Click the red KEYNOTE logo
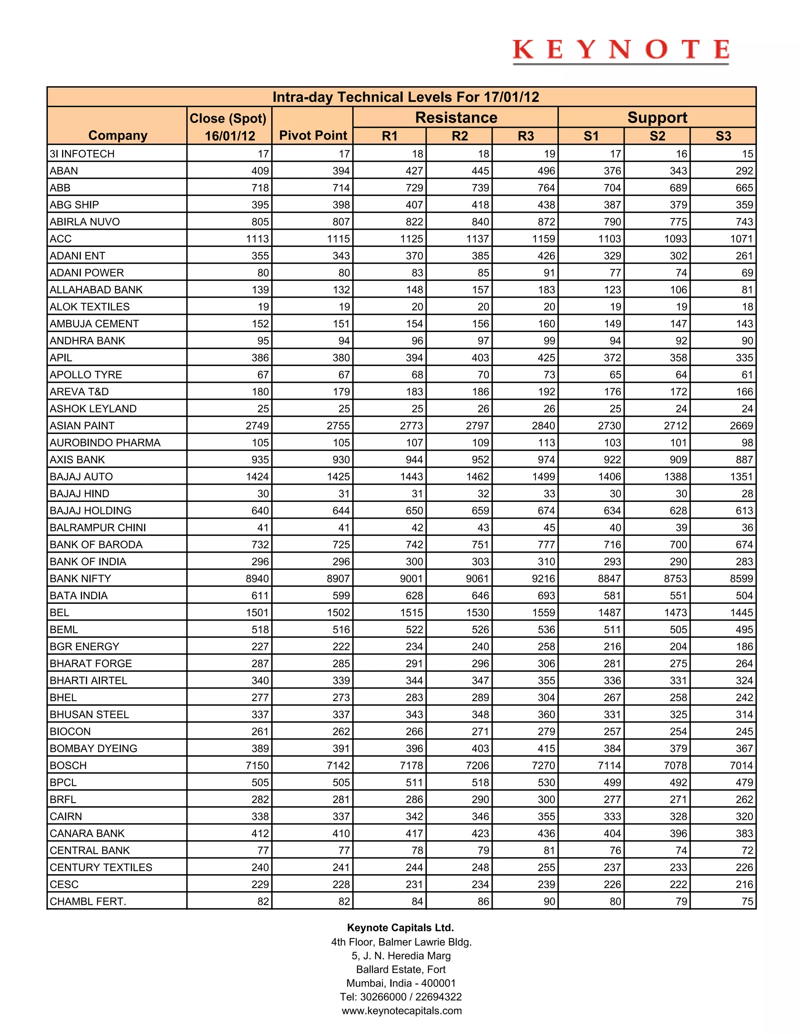click(620, 50)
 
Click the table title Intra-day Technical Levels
click(406, 97)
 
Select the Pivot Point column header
click(313, 136)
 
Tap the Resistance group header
click(456, 118)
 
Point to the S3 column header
click(723, 136)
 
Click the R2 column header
click(459, 136)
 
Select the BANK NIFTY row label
click(80, 579)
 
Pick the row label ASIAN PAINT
click(82, 426)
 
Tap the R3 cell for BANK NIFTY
click(543, 579)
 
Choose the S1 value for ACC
click(609, 239)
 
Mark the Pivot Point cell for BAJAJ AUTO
click(338, 477)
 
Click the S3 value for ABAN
click(744, 171)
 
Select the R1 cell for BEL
click(411, 613)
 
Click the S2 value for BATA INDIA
click(678, 596)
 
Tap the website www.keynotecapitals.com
click(402, 1010)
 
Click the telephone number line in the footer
click(400, 997)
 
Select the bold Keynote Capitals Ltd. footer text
click(400, 928)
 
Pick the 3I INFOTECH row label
click(82, 154)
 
